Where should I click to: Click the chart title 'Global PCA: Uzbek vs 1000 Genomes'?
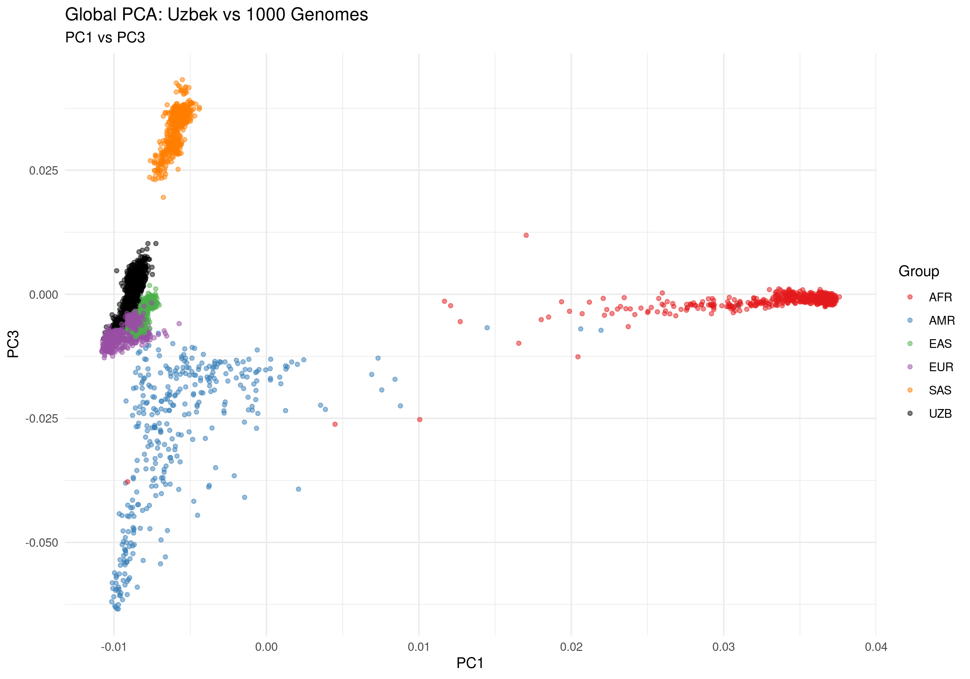click(x=216, y=15)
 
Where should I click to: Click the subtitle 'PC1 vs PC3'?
click(x=105, y=38)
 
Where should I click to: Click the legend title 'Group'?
click(x=919, y=271)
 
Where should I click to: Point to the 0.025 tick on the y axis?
click(x=44, y=171)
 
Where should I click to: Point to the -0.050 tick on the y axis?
click(x=42, y=543)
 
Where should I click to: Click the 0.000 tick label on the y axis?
click(x=44, y=295)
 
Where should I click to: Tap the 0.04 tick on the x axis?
click(x=876, y=647)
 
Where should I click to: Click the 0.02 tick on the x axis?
click(x=571, y=647)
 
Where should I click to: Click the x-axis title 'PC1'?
click(x=470, y=663)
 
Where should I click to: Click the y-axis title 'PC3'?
click(x=14, y=344)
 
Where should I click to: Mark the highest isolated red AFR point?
click(x=526, y=235)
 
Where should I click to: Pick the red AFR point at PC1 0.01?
click(x=419, y=420)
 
